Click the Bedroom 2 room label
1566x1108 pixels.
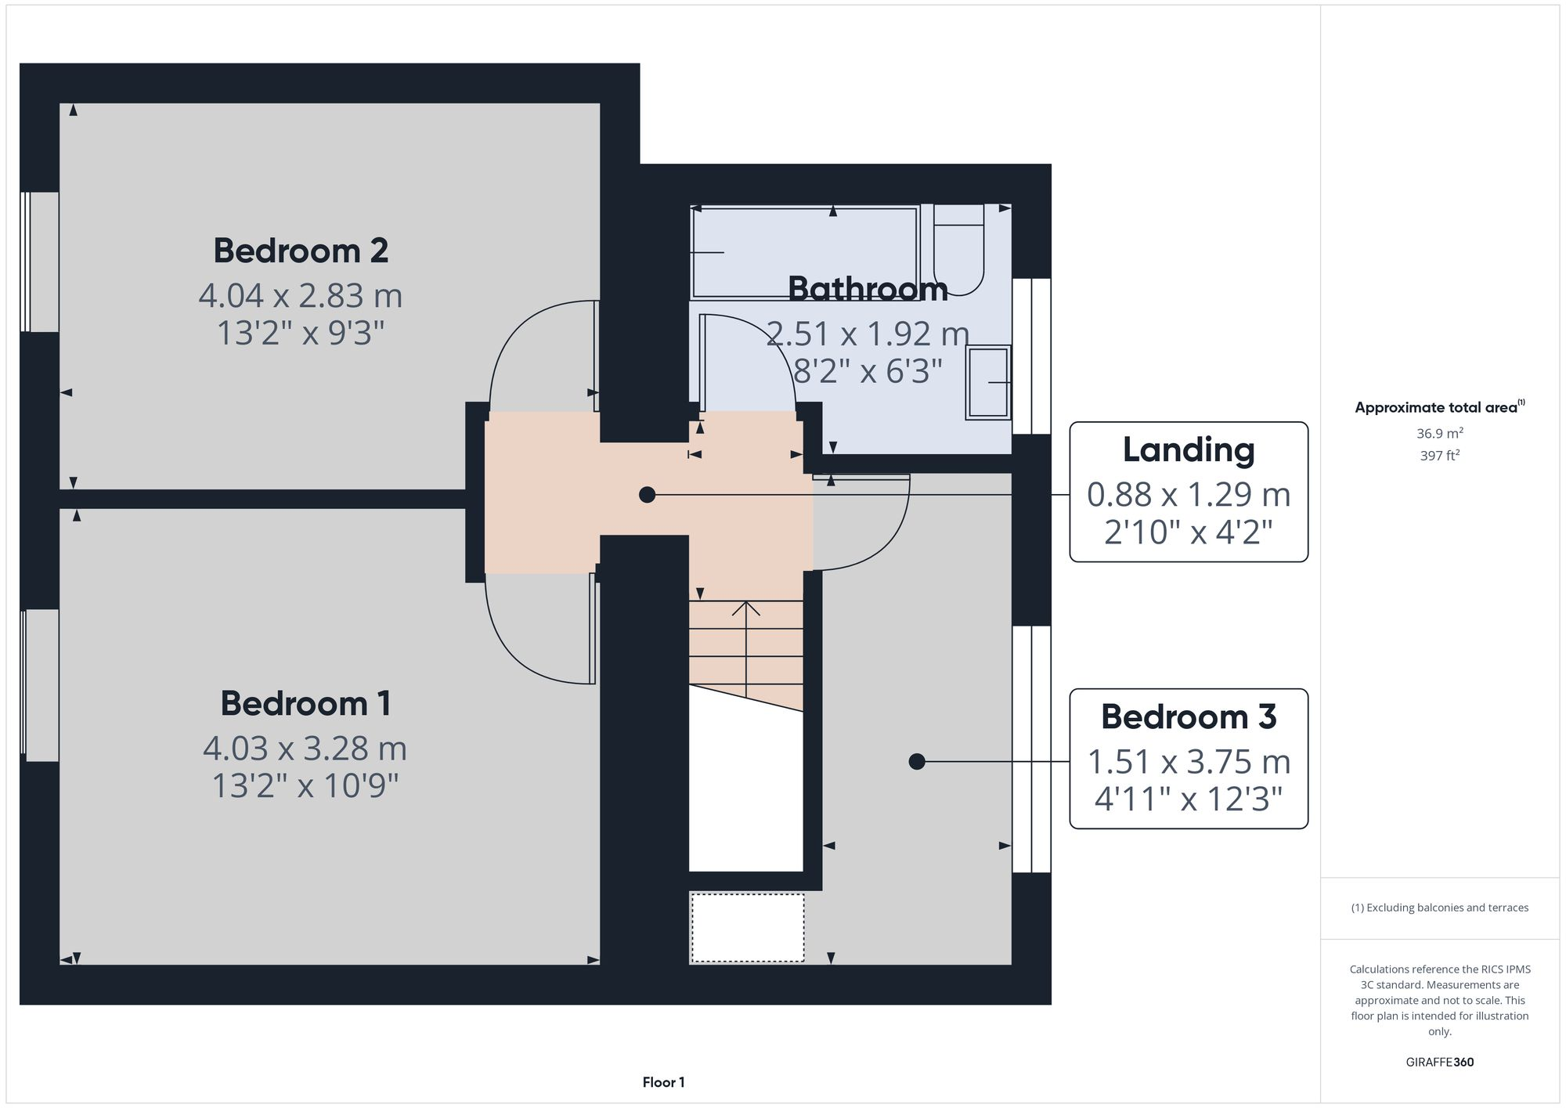click(301, 251)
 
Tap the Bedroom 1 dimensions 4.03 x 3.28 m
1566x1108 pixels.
click(305, 749)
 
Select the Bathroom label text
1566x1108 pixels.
click(868, 289)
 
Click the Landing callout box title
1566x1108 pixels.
click(1188, 449)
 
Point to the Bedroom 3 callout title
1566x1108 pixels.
click(1188, 716)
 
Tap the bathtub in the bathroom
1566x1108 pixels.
click(804, 252)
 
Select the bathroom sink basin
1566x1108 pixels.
click(988, 382)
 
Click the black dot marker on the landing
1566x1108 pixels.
click(647, 495)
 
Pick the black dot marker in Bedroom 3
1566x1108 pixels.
click(917, 761)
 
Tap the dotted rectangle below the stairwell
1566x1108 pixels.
click(747, 928)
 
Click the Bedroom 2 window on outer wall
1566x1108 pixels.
click(39, 262)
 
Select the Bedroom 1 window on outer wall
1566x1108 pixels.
click(39, 685)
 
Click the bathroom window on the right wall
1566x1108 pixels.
click(1031, 356)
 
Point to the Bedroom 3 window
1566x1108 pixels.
click(1031, 749)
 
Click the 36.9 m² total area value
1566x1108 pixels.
click(1439, 433)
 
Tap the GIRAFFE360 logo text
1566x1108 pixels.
click(1439, 1063)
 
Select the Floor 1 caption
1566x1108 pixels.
click(663, 1082)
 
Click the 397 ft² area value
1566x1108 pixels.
click(1439, 456)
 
